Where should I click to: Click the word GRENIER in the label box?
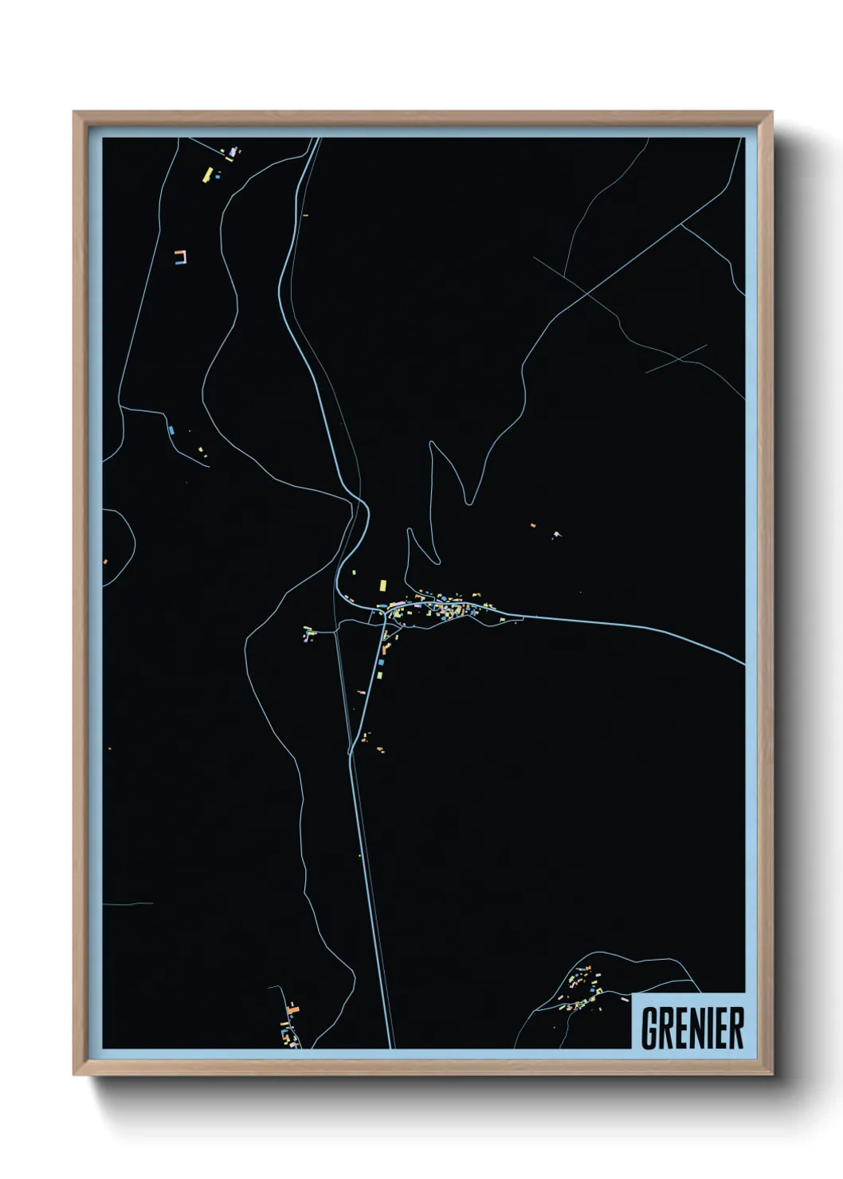point(692,1028)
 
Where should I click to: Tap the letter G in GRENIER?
point(649,1028)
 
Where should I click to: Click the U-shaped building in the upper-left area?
point(180,256)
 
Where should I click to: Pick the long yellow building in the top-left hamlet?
point(208,174)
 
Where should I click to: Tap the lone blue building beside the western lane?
point(171,430)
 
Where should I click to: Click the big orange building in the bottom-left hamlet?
point(293,1009)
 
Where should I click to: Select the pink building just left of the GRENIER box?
point(624,997)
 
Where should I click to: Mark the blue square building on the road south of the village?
point(381,661)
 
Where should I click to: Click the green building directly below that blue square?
point(379,675)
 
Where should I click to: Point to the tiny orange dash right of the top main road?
point(305,214)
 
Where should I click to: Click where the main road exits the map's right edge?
point(743,664)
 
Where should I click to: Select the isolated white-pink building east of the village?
point(556,535)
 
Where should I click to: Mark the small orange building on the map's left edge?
point(104,562)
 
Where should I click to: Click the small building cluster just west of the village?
point(308,633)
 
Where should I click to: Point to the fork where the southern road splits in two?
point(351,752)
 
